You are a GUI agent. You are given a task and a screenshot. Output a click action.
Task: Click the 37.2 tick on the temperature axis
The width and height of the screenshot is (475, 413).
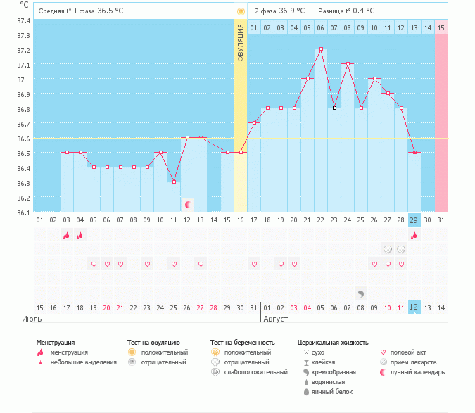coord(23,50)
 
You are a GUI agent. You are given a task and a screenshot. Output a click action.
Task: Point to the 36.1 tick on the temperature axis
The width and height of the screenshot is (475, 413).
coord(23,212)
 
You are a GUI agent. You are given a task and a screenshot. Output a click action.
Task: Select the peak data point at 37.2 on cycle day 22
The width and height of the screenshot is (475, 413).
coord(321,49)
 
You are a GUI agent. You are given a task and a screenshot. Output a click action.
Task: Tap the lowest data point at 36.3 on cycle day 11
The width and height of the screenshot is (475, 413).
coord(173,182)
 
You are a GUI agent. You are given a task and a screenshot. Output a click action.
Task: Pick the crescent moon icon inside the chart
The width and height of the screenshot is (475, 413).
coord(187,205)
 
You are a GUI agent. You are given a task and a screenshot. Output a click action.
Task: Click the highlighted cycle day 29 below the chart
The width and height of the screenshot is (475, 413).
coord(414,220)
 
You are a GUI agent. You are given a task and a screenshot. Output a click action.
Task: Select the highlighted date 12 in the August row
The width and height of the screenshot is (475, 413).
coord(414,307)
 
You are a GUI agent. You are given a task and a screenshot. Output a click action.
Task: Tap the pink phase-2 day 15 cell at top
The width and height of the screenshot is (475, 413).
coord(441,27)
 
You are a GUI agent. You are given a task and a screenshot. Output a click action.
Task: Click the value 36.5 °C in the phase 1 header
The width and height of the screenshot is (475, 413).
coord(110,11)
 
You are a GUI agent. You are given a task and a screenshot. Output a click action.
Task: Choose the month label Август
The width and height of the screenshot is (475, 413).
coord(276,319)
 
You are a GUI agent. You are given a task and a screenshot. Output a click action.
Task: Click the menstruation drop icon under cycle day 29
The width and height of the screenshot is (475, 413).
coord(414,235)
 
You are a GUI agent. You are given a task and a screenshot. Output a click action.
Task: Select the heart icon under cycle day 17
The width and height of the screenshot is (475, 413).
coord(253,264)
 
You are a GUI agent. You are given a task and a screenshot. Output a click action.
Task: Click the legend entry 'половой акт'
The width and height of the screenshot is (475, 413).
coord(408,352)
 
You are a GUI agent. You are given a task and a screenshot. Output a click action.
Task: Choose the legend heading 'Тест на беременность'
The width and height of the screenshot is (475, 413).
coord(242,342)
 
